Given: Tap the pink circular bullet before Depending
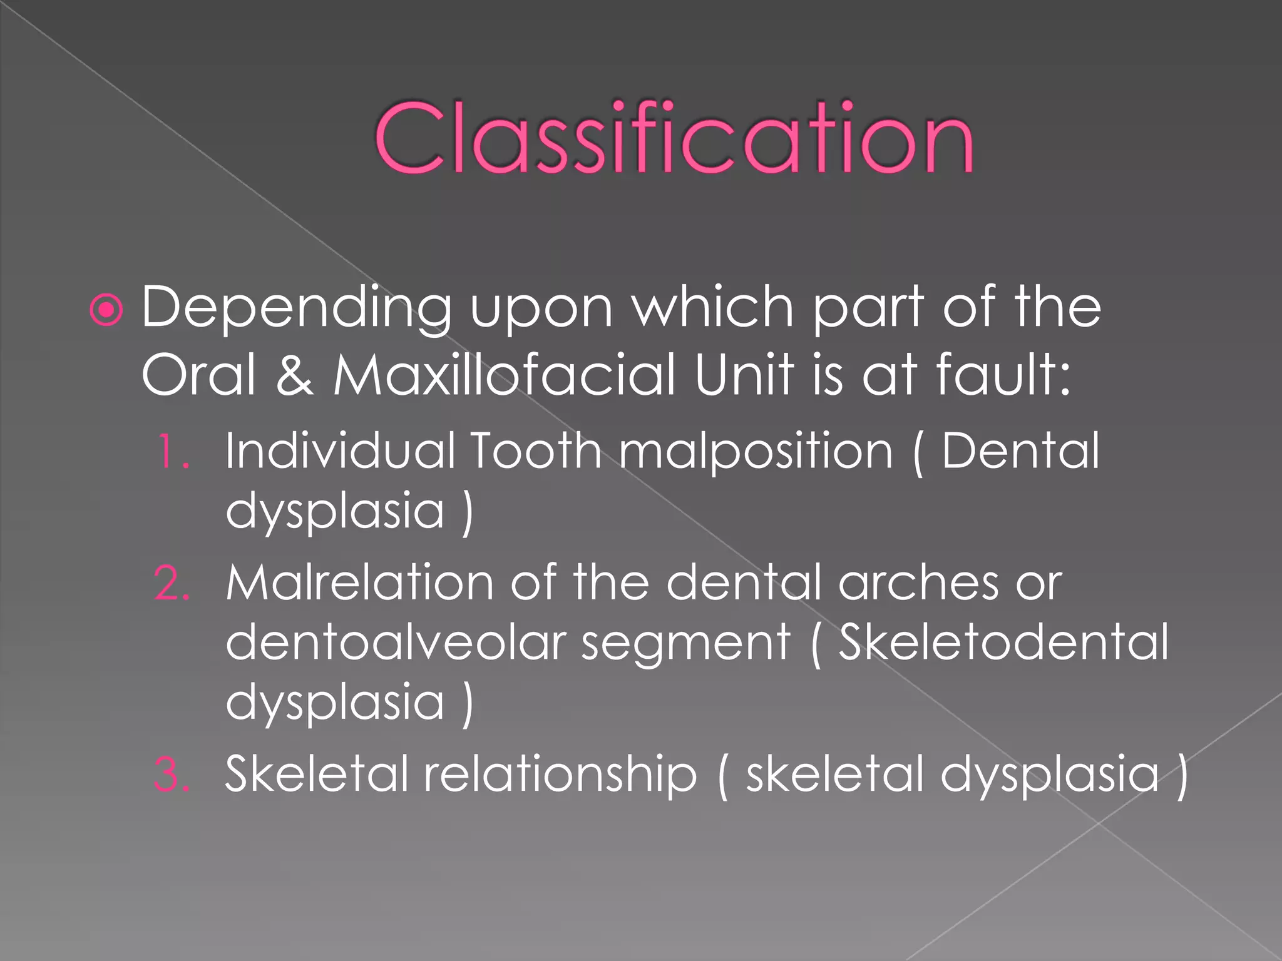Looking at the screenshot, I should pos(106,309).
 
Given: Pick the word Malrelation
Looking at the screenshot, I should pos(361,583).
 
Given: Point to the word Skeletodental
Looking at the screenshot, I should pos(1003,643).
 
